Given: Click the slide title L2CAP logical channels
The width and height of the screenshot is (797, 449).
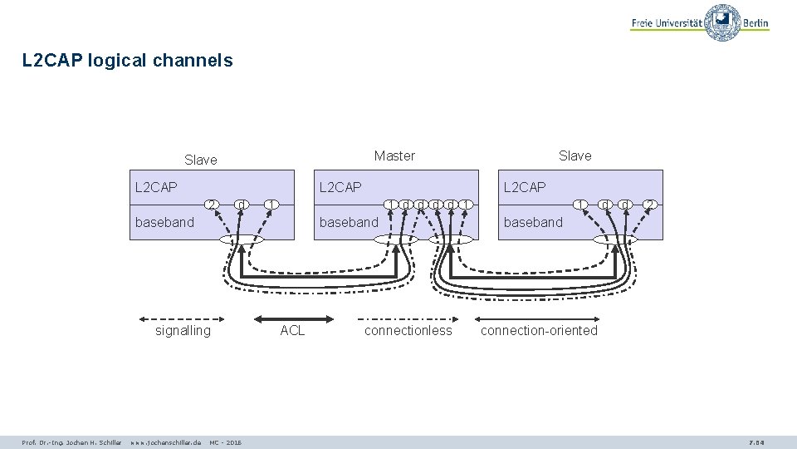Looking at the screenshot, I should (128, 61).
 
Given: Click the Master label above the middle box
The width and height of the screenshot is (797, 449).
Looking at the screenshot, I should (394, 155).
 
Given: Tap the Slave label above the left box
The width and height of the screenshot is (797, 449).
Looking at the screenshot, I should (200, 160).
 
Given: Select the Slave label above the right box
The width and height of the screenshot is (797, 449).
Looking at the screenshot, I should (575, 155).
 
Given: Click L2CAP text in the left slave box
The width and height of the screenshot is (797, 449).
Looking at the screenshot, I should (156, 187).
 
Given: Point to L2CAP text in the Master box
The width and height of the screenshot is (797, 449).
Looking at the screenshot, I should (340, 187).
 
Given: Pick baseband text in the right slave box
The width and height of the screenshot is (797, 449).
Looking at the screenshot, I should (533, 222).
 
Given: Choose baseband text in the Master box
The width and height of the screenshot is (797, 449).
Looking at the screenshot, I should (349, 222).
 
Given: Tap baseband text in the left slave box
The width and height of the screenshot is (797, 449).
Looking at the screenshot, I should (164, 222).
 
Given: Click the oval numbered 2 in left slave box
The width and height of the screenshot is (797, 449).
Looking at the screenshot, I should (213, 204).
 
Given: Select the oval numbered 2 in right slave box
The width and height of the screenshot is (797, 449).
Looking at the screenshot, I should (651, 204).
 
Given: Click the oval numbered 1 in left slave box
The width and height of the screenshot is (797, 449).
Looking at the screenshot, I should (271, 204).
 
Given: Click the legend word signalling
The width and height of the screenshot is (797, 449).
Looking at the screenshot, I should (183, 330).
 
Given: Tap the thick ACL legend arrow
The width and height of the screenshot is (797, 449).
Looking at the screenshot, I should (293, 318).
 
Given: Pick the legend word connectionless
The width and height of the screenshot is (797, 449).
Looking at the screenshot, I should (408, 330).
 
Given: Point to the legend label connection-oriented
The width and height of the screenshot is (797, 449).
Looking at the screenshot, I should (539, 330).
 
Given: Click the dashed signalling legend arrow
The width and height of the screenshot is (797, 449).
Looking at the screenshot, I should (183, 318).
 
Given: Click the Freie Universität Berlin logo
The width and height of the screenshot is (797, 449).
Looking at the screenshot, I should (700, 22).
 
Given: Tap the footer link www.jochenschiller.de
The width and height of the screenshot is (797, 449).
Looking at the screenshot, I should (166, 442).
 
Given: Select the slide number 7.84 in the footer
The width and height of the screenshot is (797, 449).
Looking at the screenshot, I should (756, 442).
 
